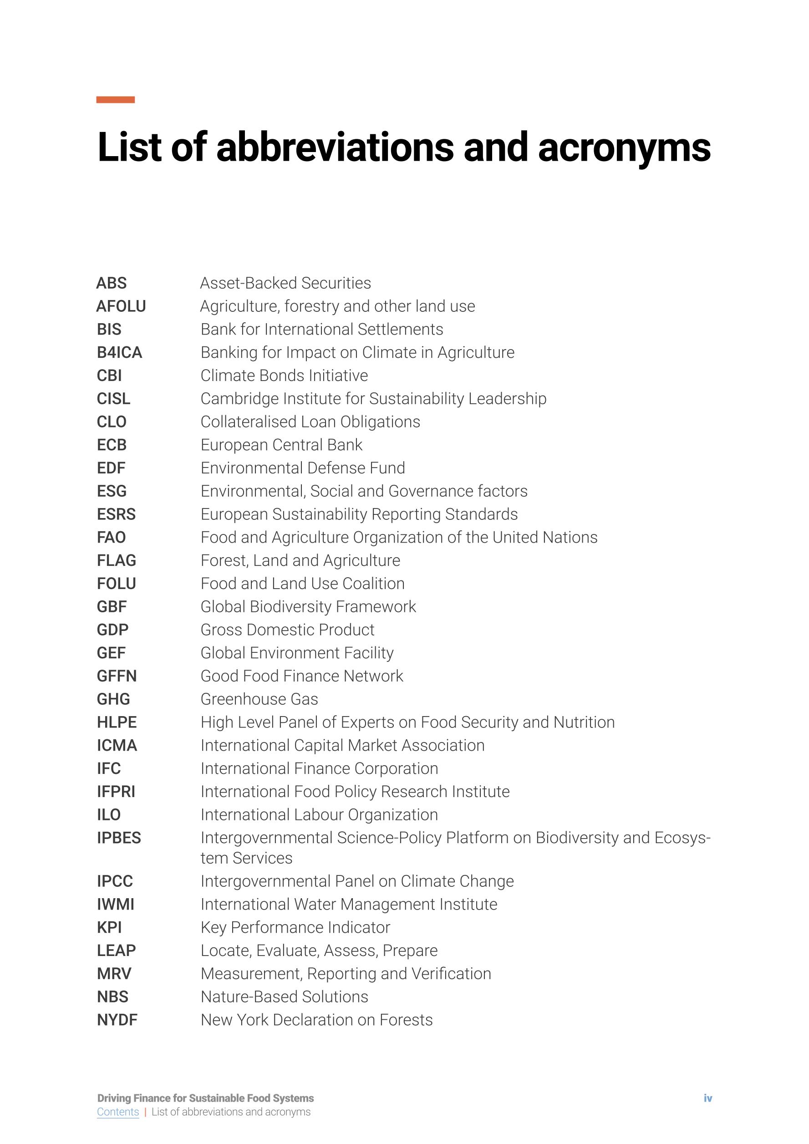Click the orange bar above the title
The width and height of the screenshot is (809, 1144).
[115, 100]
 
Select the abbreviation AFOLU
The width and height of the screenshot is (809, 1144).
[121, 306]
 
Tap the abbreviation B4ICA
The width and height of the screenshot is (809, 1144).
[120, 352]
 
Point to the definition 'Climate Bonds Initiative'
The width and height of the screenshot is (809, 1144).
[284, 375]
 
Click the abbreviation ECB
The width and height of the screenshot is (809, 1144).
[112, 444]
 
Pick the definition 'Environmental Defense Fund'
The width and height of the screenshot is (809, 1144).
[302, 468]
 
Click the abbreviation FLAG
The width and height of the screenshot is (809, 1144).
[116, 560]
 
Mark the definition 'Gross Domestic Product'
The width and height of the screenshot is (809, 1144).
[287, 630]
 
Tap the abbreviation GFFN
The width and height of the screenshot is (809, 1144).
[117, 676]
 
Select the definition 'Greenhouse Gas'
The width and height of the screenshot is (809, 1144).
[259, 699]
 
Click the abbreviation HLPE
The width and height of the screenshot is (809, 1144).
[117, 722]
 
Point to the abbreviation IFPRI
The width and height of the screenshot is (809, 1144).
[116, 791]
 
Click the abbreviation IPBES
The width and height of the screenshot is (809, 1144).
[118, 838]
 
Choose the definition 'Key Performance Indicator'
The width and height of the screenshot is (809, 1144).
[295, 927]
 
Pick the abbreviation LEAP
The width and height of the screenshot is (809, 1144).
[116, 950]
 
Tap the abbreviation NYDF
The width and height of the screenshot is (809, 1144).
[117, 1019]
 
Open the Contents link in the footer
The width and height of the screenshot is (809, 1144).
[117, 1112]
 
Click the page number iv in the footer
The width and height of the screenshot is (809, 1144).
[707, 1098]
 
